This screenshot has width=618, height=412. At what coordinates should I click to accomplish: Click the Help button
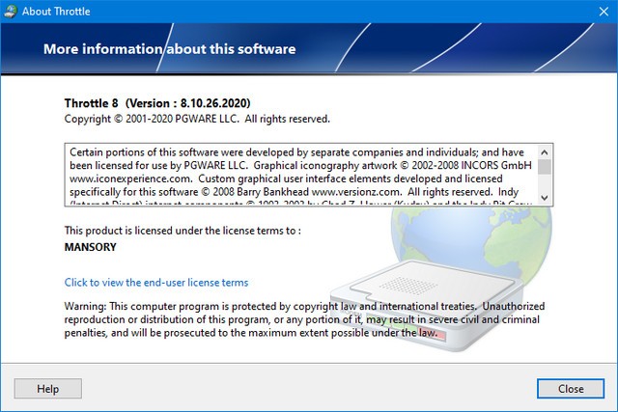pyautogui.click(x=47, y=389)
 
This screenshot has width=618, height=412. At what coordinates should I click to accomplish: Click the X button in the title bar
pyautogui.click(x=596, y=12)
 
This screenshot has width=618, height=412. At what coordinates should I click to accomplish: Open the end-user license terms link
pyautogui.click(x=156, y=283)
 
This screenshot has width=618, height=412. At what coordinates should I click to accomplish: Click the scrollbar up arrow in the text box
pyautogui.click(x=545, y=151)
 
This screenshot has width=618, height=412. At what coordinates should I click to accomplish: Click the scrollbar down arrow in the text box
pyautogui.click(x=545, y=196)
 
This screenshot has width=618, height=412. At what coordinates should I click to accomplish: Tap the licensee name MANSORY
pyautogui.click(x=91, y=247)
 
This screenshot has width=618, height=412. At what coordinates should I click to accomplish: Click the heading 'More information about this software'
pyautogui.click(x=169, y=48)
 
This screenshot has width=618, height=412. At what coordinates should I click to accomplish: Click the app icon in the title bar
pyautogui.click(x=12, y=12)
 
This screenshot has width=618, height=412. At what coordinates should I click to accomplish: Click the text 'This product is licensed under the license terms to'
pyautogui.click(x=183, y=231)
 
